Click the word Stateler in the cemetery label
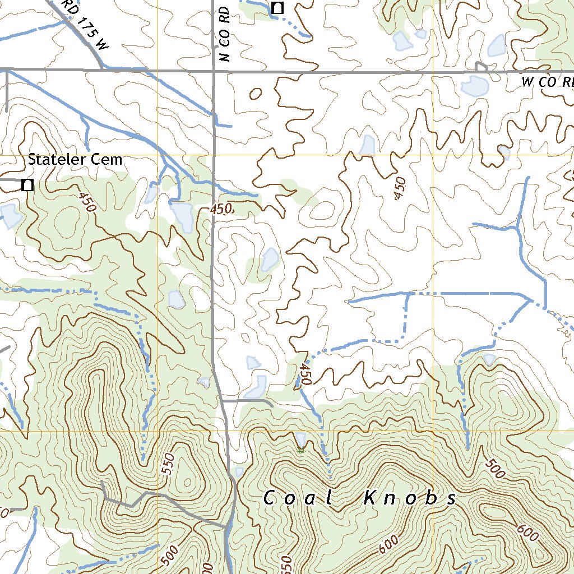click(x=57, y=160)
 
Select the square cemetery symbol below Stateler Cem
click(x=26, y=184)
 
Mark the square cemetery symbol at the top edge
click(x=277, y=8)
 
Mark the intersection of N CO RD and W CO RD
click(x=214, y=71)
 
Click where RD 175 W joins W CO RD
click(x=103, y=69)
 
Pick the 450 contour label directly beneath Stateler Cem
click(x=87, y=202)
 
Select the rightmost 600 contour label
click(x=527, y=533)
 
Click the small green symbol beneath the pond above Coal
click(x=301, y=449)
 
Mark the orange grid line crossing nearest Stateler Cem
click(x=158, y=155)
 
